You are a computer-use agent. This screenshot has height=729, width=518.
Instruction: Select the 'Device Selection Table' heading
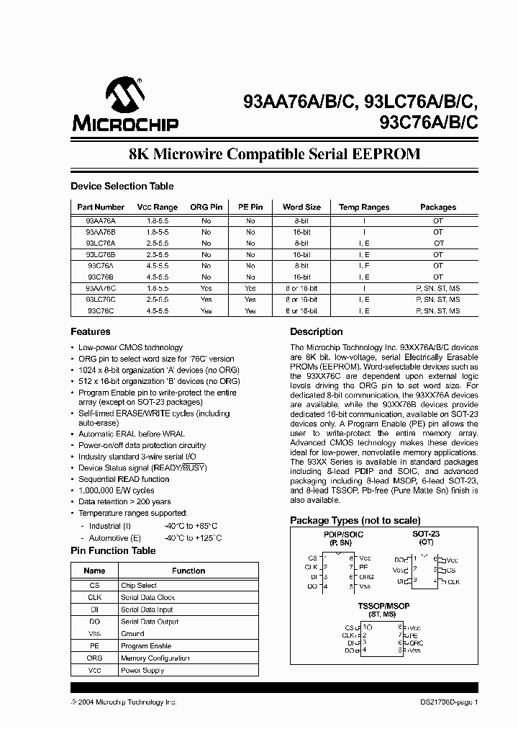[122, 187]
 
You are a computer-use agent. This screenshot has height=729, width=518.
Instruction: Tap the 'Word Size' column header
[301, 207]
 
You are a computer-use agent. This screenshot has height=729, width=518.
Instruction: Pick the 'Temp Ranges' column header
[364, 207]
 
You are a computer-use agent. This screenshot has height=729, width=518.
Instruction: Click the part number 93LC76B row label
[101, 254]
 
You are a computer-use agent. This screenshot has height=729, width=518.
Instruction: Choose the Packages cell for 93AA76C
[437, 288]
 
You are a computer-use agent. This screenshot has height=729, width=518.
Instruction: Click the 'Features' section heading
[91, 332]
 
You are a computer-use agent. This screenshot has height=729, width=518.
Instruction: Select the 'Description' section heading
[316, 332]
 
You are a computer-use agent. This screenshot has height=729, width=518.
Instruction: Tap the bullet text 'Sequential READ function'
[124, 479]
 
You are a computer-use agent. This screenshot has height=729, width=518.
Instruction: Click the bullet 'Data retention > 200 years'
[124, 501]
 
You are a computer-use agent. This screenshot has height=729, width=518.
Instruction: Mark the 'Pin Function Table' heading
[113, 551]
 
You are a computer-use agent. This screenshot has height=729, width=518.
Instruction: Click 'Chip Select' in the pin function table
[139, 586]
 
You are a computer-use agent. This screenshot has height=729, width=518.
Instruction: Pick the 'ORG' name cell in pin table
[94, 658]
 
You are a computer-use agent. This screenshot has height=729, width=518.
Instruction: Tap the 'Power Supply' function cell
[142, 671]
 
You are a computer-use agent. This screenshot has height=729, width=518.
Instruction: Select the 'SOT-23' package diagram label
[426, 535]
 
